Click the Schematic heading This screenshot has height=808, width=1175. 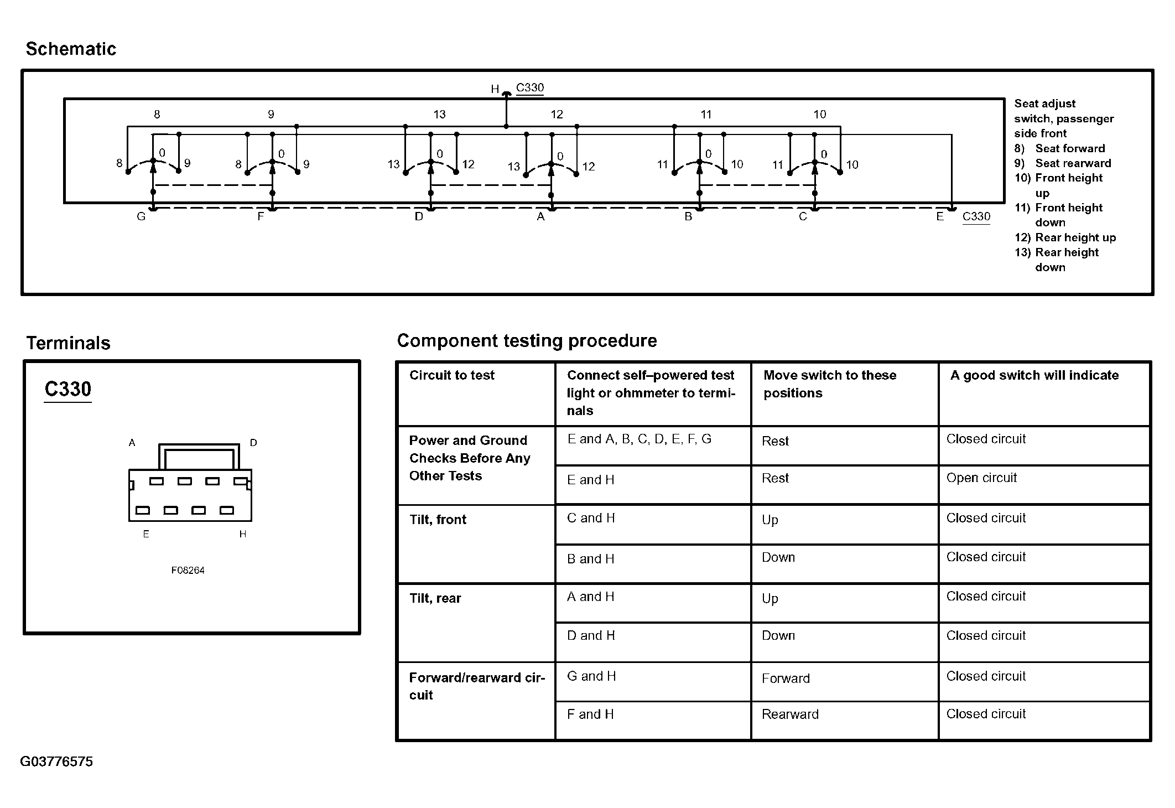point(71,49)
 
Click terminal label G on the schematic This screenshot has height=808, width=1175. point(141,216)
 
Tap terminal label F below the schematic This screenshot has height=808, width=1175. point(261,216)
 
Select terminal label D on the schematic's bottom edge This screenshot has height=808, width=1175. point(419,216)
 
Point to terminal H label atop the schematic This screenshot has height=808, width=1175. point(495,89)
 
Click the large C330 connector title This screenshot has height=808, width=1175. point(67,389)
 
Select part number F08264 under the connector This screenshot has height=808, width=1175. point(188,570)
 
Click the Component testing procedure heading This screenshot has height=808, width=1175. point(527,340)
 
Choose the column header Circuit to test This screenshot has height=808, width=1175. point(451,375)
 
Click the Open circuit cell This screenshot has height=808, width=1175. point(981,478)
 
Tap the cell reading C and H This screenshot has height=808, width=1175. point(591,518)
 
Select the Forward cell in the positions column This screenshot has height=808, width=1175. point(785,678)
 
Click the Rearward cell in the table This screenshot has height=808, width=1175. point(789,714)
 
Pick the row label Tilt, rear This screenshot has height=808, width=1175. point(435,598)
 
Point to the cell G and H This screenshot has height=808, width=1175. point(591,676)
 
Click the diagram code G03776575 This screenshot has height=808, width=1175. point(56,762)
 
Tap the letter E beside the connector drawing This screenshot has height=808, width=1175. point(146,534)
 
